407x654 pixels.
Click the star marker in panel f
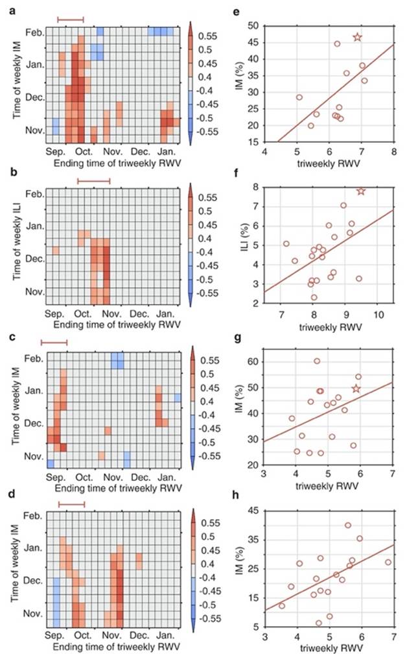[x=361, y=191]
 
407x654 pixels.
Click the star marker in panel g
[x=355, y=389]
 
